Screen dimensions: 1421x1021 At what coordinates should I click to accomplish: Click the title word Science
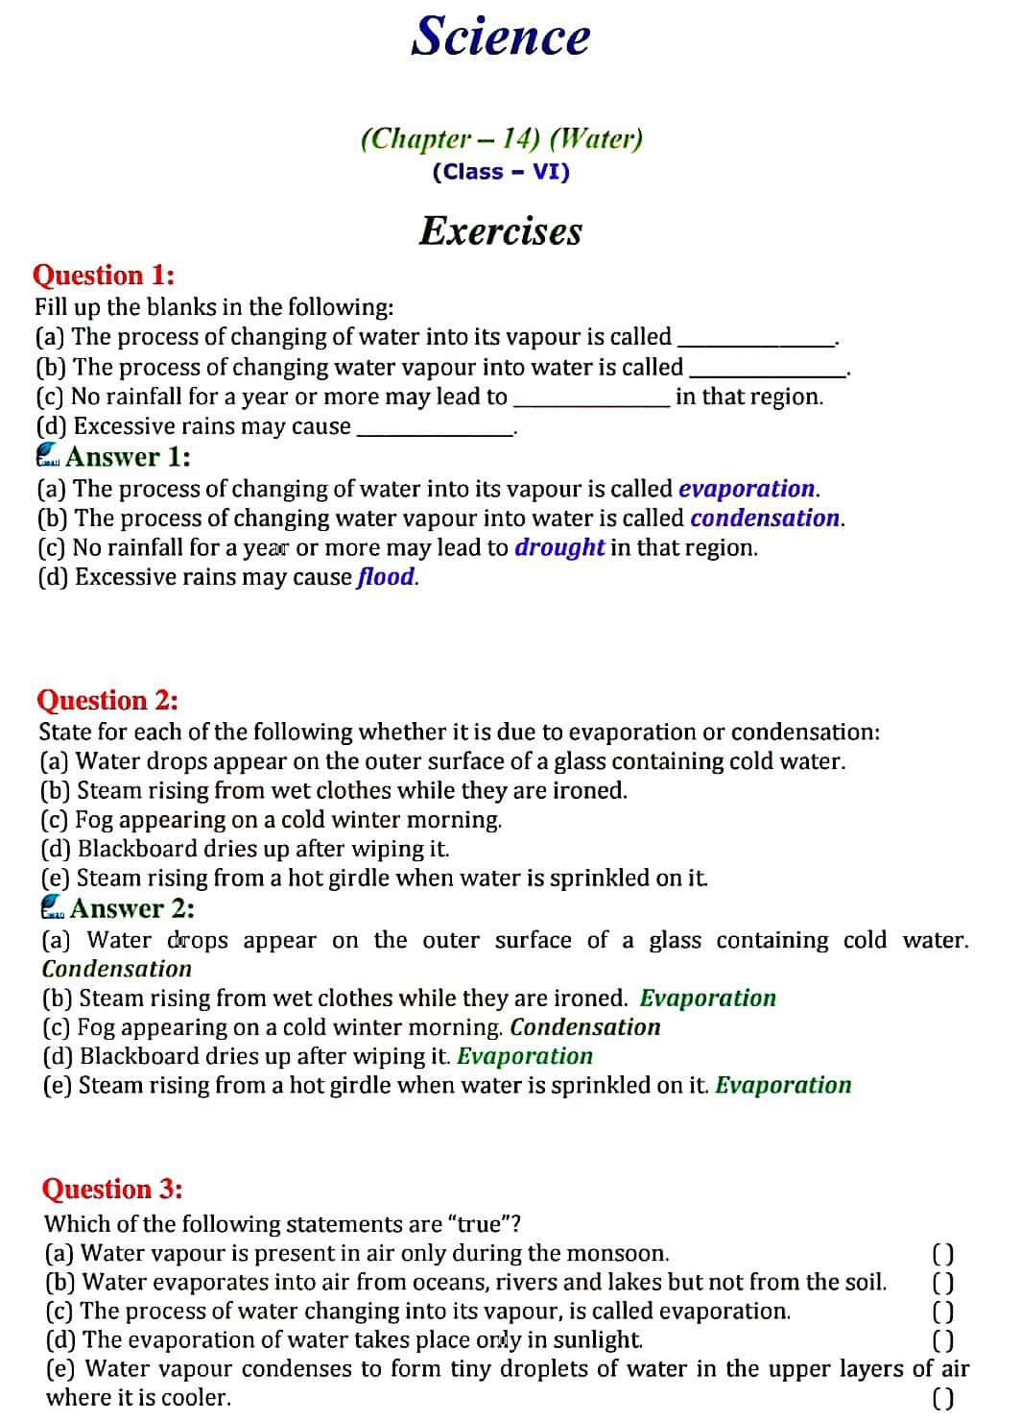(501, 36)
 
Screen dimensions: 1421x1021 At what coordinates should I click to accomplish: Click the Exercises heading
(501, 231)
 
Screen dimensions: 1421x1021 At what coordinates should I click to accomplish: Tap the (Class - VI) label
(501, 173)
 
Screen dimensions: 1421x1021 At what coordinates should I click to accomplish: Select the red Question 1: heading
(104, 276)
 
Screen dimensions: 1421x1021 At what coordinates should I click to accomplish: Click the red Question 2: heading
(107, 701)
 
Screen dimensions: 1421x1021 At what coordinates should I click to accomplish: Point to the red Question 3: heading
(112, 1190)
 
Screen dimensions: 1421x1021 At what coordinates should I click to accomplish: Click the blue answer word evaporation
(747, 489)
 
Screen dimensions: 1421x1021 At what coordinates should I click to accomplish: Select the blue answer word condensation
(765, 518)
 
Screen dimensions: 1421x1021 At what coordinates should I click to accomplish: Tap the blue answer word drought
(559, 547)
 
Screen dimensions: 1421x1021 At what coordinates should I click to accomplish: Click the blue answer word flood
(386, 577)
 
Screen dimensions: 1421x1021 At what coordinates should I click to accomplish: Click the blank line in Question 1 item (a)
(756, 342)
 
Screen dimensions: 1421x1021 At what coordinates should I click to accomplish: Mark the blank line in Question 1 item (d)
(435, 432)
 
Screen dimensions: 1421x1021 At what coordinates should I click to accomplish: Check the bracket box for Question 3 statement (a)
(943, 1254)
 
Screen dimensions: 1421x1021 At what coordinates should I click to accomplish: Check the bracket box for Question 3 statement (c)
(943, 1312)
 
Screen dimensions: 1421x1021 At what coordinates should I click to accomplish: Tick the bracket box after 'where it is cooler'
(943, 1399)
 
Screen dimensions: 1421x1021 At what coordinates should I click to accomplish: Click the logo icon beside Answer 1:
(48, 456)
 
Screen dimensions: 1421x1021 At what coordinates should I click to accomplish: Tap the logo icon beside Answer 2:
(53, 907)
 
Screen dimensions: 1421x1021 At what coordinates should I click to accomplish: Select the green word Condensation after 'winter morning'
(585, 1027)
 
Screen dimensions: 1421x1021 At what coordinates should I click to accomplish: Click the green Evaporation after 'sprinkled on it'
(783, 1086)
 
